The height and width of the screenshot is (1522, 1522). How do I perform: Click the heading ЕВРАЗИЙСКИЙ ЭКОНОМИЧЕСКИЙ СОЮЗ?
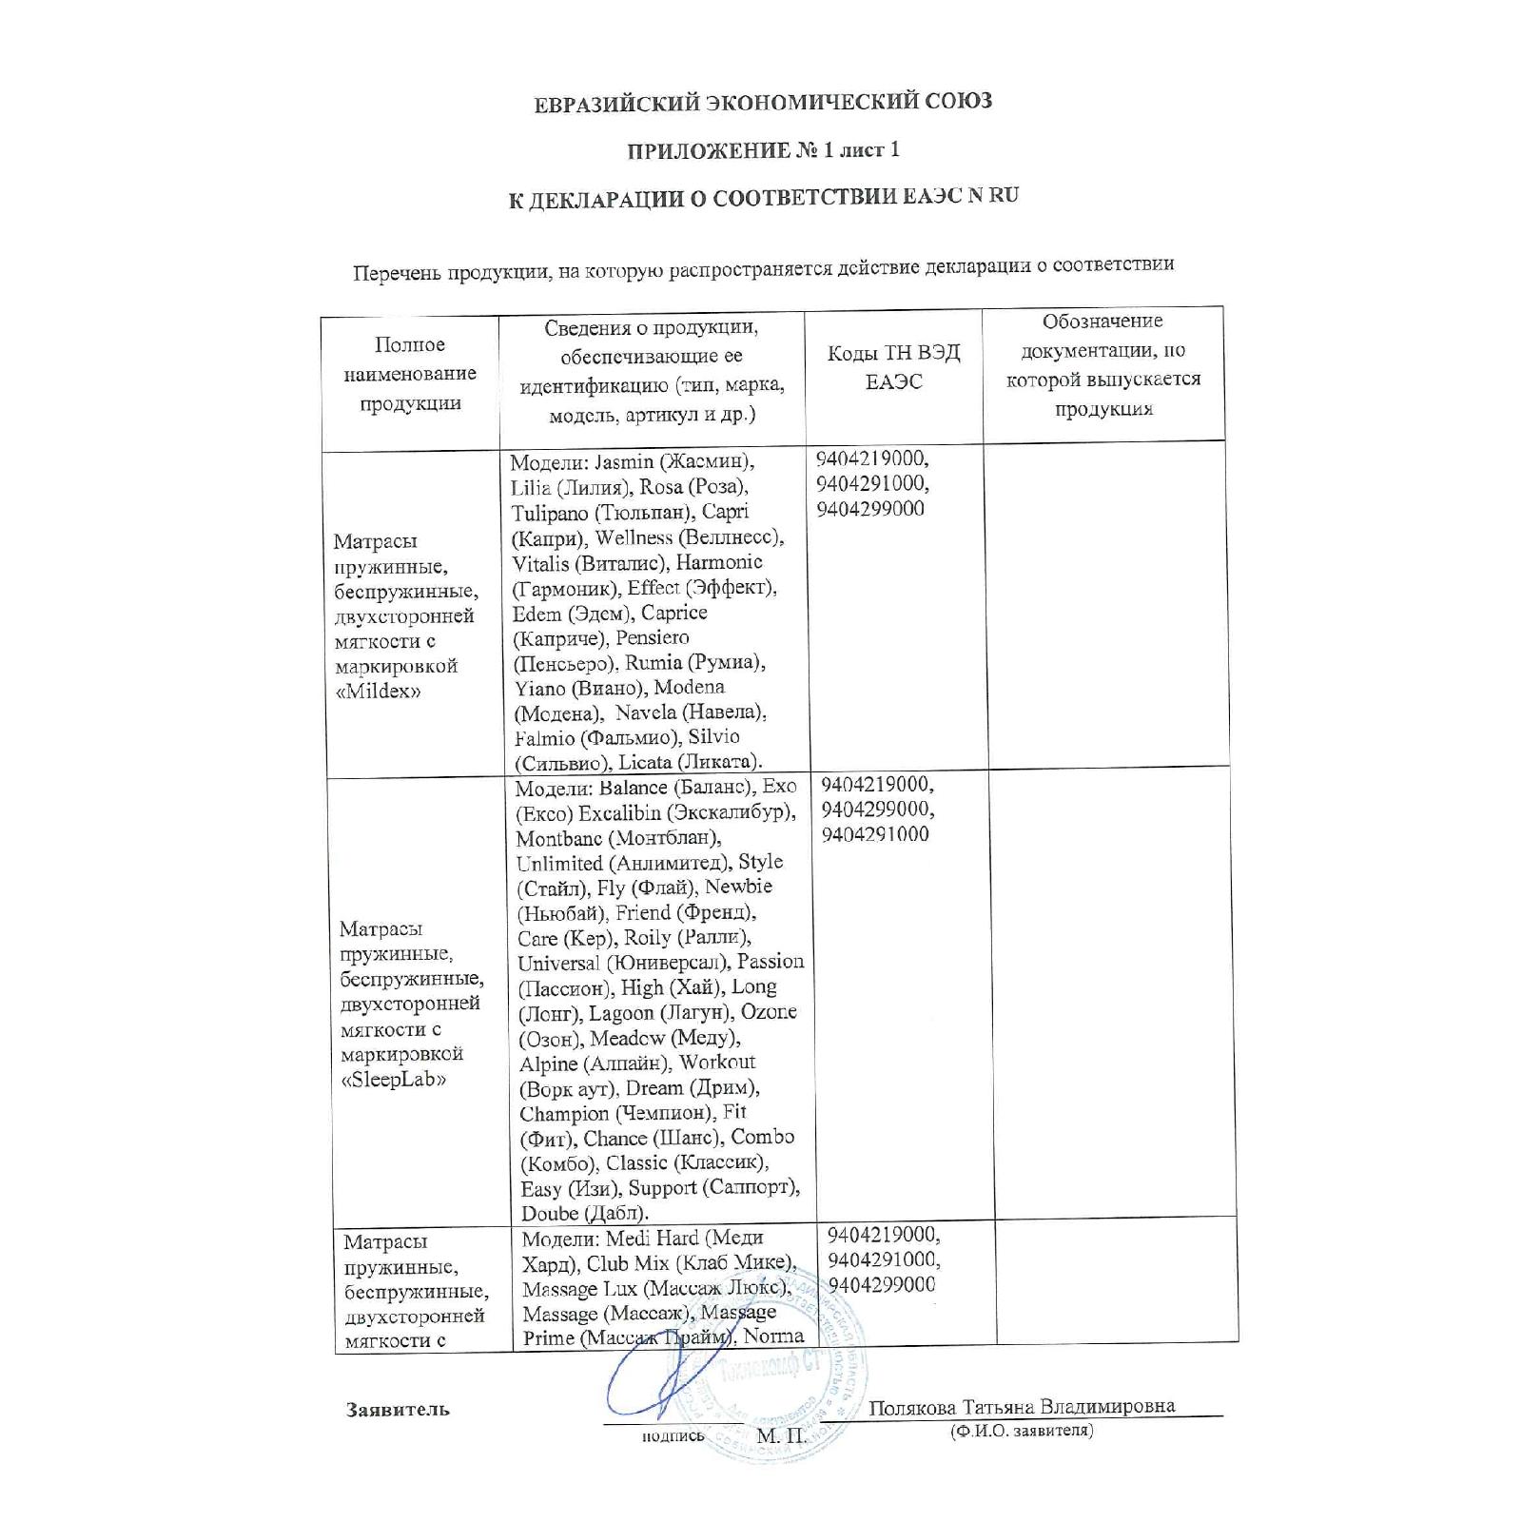pos(762,101)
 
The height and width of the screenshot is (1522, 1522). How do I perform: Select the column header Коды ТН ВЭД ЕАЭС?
pos(893,367)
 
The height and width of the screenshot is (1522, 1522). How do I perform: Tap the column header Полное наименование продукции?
pos(410,373)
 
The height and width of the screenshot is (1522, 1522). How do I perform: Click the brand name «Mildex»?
pos(379,692)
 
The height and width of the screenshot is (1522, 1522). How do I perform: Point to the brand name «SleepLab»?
pos(393,1080)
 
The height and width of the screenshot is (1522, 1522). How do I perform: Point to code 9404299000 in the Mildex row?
pos(870,509)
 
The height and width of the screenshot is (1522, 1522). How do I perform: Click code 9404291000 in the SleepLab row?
pos(875,835)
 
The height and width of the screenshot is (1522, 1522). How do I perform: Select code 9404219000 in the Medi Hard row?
pos(883,1236)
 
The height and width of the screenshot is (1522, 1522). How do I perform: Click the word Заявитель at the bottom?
pos(398,1409)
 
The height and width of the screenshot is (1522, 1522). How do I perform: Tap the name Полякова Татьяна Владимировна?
pos(1022,1407)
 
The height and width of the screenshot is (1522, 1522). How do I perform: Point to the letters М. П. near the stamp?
pos(781,1434)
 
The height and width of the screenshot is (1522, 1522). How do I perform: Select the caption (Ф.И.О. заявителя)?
pos(1021,1431)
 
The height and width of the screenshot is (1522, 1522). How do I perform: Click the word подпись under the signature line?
pos(673,1435)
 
